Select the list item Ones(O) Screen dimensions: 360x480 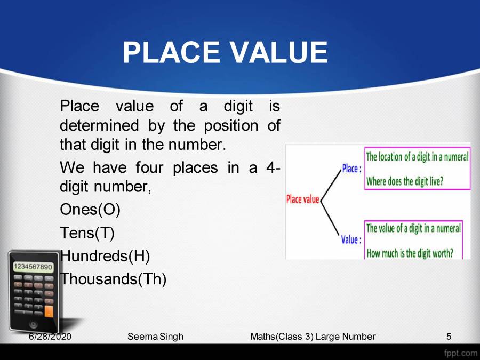tap(90, 210)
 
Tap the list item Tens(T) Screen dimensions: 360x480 tap(87, 233)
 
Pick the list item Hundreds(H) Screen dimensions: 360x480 tap(105, 257)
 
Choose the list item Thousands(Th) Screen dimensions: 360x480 tap(113, 279)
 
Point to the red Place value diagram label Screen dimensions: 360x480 tap(302, 199)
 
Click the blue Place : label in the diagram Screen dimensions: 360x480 tap(351, 169)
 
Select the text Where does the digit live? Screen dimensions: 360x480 tap(405, 181)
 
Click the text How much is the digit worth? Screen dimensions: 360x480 tap(409, 253)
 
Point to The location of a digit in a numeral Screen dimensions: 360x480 tap(417, 157)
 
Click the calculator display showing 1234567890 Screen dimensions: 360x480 tap(33, 266)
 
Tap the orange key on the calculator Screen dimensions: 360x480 tap(49, 310)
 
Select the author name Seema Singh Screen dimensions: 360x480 tap(156, 337)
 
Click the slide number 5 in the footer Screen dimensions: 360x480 tap(449, 337)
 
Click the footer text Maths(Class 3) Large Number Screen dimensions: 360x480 tap(313, 337)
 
